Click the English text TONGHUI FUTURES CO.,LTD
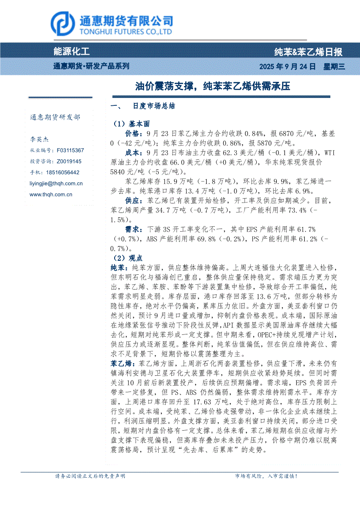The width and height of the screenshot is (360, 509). [125, 32]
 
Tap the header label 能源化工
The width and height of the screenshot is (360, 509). [71, 52]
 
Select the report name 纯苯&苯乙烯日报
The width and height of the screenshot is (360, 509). [308, 52]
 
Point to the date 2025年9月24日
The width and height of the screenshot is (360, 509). [287, 67]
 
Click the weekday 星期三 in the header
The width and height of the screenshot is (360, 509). [334, 67]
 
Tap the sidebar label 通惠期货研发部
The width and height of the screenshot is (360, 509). [55, 117]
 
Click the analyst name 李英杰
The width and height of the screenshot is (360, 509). [39, 139]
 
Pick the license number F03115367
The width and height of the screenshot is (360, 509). [70, 150]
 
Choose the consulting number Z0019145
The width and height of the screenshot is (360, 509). [69, 161]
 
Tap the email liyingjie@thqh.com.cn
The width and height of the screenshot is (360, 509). [56, 184]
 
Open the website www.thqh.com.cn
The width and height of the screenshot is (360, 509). [51, 195]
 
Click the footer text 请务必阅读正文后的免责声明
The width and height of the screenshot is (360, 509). [90, 476]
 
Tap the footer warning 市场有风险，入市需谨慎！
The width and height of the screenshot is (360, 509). [266, 476]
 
